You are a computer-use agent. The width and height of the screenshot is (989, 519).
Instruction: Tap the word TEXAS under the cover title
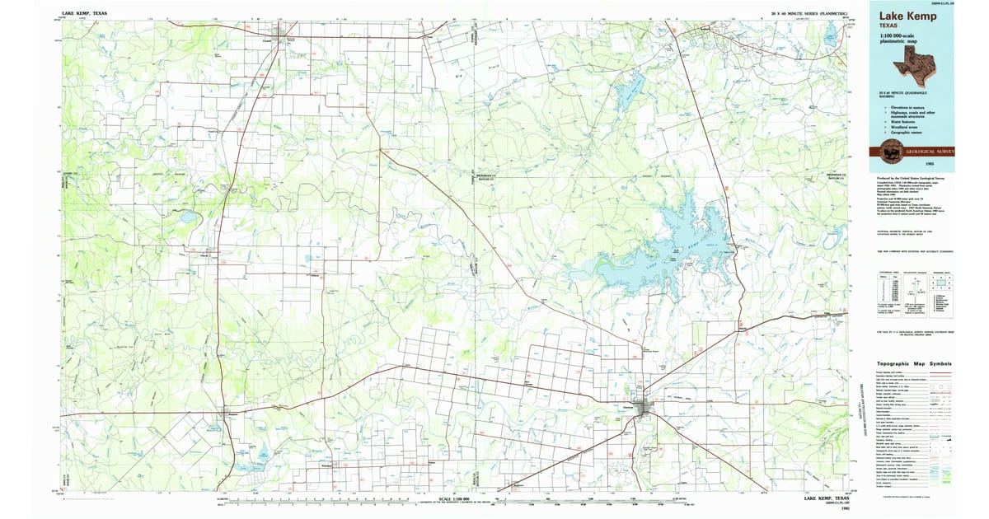point(890,26)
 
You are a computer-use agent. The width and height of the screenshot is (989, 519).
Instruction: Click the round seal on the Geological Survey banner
point(891,152)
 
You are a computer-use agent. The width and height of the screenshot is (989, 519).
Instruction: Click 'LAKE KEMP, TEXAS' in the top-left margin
point(83,14)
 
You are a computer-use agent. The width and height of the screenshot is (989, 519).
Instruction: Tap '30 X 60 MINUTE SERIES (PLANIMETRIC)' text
point(809,14)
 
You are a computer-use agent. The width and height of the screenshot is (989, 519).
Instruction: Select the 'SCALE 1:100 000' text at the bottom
point(453,499)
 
